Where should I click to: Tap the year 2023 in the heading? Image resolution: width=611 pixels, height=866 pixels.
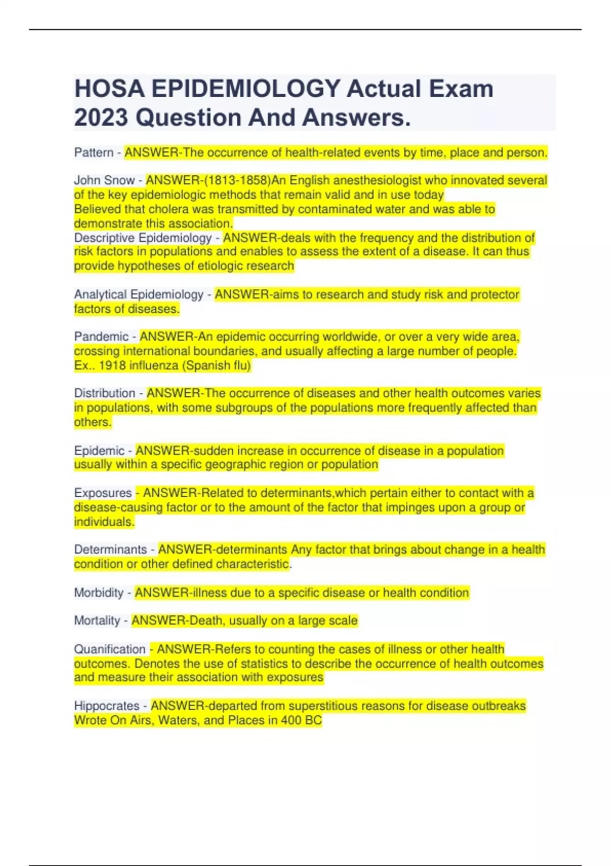tap(101, 118)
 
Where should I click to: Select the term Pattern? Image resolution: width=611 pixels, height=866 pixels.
tap(94, 152)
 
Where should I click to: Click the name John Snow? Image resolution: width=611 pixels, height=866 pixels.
tap(104, 180)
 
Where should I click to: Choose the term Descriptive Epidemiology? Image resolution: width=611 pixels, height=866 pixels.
tap(143, 238)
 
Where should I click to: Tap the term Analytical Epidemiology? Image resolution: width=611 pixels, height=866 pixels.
tap(138, 294)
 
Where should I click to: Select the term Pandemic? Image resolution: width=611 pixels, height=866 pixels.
tap(101, 337)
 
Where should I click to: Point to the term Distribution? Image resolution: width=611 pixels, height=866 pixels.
tap(105, 393)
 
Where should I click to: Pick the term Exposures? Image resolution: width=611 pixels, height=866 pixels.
tap(103, 493)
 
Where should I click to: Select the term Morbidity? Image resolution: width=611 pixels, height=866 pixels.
tap(99, 592)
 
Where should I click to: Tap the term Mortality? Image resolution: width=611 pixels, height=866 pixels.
tap(97, 620)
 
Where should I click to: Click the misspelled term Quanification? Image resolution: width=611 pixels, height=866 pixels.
tap(109, 649)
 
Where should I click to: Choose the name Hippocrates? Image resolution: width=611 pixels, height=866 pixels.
tap(106, 706)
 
